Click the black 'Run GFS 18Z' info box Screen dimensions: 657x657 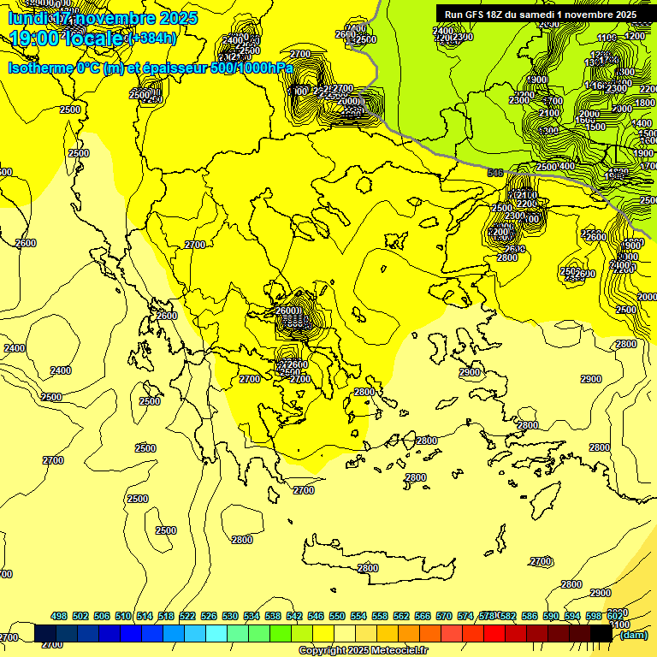click(540, 14)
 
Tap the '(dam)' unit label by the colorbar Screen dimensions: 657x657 click(632, 635)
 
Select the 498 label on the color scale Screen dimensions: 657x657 click(59, 617)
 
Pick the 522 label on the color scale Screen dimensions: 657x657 click(187, 617)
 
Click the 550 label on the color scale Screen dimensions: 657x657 click(337, 617)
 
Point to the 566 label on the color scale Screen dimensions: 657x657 click(423, 617)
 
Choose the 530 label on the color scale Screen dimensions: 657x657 click(230, 617)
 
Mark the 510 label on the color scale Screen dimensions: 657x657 click(123, 617)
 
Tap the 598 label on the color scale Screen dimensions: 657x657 click(594, 617)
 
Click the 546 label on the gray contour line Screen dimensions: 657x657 click(494, 173)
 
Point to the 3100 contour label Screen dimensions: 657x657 click(616, 625)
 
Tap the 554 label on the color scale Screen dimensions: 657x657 click(358, 617)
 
